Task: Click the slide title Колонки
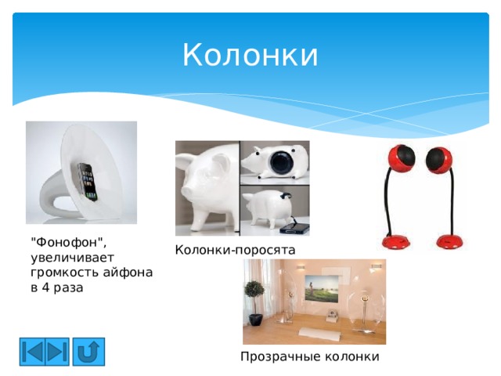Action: [x=250, y=56]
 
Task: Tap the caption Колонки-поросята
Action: [x=235, y=250]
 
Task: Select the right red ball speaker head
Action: [x=445, y=157]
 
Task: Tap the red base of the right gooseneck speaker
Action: [x=450, y=239]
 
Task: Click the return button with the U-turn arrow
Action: [x=88, y=351]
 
